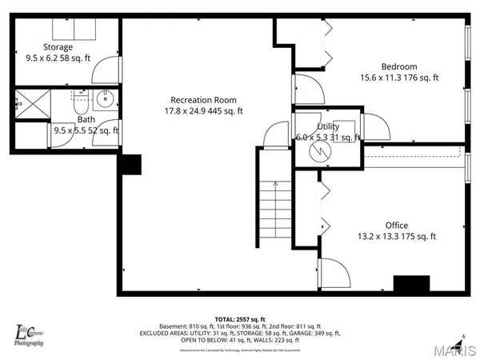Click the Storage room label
(58, 46)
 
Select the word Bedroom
(398, 66)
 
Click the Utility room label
(328, 126)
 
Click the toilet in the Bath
(80, 104)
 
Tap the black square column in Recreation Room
(130, 163)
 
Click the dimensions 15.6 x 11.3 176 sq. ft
(398, 78)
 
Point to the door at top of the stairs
(277, 134)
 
